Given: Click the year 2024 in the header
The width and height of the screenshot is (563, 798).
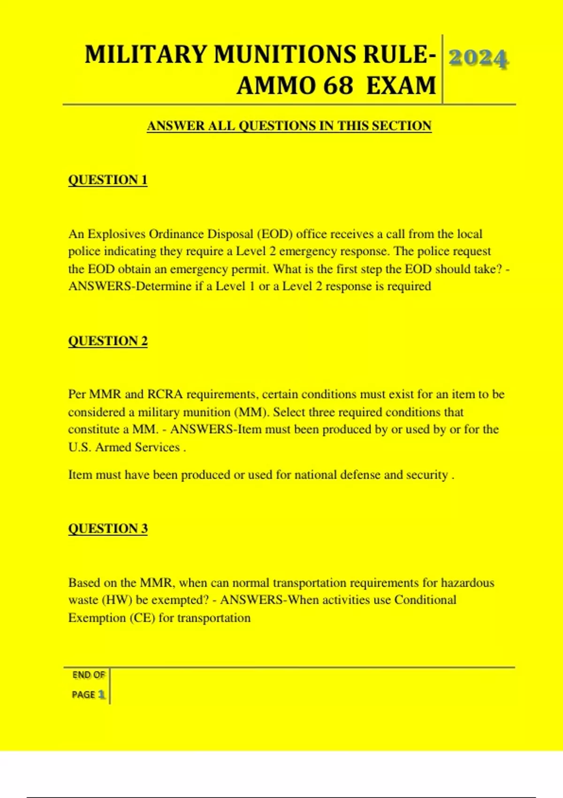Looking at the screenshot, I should coord(478,59).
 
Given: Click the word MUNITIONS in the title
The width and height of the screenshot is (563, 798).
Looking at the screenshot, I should coord(285,54).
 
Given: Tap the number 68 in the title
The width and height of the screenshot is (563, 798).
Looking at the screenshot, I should coord(338,86).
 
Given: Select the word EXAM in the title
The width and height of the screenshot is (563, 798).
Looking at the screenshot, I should coord(401,86).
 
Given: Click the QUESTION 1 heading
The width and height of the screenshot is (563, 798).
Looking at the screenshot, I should coord(107,180).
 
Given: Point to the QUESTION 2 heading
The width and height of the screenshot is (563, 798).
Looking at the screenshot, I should coord(107,341).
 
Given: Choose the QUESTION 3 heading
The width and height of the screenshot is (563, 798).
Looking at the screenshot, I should coord(107,529).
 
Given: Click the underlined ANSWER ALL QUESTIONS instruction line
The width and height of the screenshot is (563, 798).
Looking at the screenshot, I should coord(289,126).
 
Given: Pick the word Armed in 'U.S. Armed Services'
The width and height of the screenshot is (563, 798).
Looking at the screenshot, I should coord(113,447).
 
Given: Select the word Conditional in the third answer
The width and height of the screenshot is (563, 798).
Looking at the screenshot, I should coord(425,600).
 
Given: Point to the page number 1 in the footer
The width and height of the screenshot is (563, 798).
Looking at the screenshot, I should coord(101,694).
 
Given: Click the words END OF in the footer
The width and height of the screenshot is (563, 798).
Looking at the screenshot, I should coord(89,675).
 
